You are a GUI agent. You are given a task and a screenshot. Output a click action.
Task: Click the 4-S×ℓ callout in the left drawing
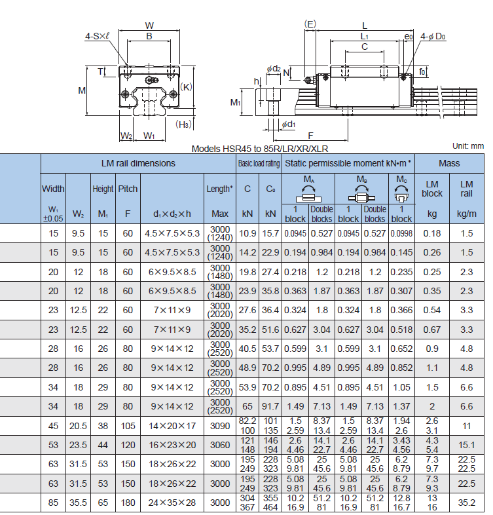tap(97, 36)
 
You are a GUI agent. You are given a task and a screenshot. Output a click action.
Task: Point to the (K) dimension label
tap(186, 87)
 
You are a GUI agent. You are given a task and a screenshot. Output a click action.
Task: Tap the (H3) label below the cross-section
tap(183, 124)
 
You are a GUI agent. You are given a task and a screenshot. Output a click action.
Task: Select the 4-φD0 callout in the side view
tap(433, 36)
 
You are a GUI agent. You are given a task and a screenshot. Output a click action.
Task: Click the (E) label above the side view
tap(310, 24)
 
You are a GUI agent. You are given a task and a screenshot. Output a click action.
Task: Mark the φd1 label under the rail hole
tap(289, 124)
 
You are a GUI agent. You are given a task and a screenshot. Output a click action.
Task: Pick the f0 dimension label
tap(422, 71)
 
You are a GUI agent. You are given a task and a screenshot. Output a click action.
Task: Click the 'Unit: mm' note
tap(468, 146)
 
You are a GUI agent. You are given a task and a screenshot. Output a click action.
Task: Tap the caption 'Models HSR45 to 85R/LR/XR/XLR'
tap(260, 149)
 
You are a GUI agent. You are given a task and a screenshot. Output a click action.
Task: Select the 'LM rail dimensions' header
tap(138, 163)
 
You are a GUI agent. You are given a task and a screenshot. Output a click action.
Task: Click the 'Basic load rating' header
tap(259, 163)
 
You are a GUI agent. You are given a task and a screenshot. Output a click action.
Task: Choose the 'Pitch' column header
tap(128, 189)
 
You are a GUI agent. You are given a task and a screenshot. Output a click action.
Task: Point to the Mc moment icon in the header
tap(401, 193)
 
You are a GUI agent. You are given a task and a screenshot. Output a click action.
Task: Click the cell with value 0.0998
tap(401, 233)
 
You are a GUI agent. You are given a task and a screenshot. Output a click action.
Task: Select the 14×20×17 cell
tap(172, 426)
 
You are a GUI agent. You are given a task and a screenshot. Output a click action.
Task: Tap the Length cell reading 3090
tap(220, 426)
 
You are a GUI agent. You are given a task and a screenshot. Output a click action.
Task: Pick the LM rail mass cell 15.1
tap(466, 445)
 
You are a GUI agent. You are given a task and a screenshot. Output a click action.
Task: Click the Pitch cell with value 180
tap(128, 503)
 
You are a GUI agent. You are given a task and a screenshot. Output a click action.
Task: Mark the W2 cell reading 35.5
tap(78, 503)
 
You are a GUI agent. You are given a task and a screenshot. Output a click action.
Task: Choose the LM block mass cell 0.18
tap(432, 233)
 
